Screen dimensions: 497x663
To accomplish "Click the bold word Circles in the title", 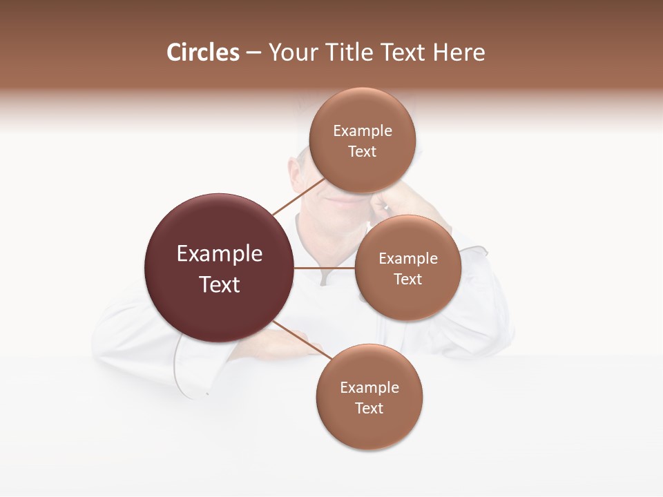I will pos(202,52).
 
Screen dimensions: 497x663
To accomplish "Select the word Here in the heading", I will pos(459,52).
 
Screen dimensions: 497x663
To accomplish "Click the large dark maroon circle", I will pos(220,268).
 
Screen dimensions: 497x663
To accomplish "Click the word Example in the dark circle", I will pos(220,253).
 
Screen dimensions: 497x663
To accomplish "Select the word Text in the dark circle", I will pos(220,284).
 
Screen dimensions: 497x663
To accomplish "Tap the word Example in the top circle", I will pos(363,130).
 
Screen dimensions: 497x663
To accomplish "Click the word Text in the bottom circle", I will pos(369,408).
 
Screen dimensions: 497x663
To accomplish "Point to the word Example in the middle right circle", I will pos(408,258).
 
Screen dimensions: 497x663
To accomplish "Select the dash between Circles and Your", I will pos(253,53).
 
